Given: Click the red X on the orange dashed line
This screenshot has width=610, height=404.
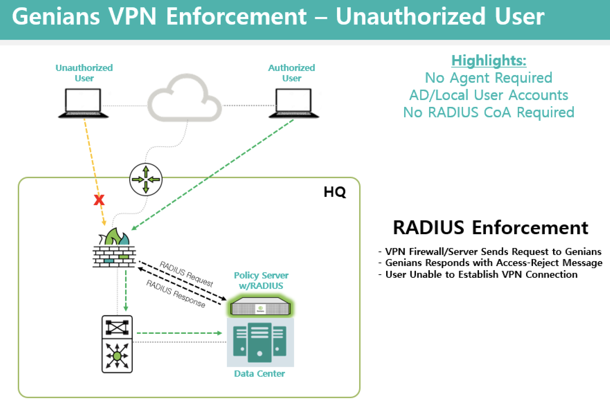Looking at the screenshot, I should [99, 200].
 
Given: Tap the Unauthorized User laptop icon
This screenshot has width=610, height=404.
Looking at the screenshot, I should [83, 103].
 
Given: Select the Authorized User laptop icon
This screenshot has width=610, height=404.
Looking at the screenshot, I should [294, 103].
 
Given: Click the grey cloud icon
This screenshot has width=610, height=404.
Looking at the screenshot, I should [185, 98].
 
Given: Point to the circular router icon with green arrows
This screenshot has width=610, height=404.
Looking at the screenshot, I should [146, 179].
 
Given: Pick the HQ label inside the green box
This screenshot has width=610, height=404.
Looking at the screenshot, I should [335, 192].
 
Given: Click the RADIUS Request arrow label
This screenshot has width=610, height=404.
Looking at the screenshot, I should [186, 274].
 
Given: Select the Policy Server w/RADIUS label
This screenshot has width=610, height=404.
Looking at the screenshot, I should [261, 280].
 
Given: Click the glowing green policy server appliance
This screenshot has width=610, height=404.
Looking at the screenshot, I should [260, 307].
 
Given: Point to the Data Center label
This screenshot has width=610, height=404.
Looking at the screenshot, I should [259, 374].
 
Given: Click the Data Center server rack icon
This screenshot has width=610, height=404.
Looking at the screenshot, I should [260, 342].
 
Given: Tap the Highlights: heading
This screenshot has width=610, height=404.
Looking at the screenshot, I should [489, 60].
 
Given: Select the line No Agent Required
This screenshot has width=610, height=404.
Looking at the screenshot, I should [489, 78].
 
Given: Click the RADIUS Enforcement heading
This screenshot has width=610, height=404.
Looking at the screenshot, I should [490, 228].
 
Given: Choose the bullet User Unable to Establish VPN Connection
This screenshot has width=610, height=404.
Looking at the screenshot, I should [481, 275].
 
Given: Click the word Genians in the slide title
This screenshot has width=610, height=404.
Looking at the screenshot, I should [56, 17].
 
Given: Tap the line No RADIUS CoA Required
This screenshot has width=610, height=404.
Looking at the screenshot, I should [489, 112].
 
